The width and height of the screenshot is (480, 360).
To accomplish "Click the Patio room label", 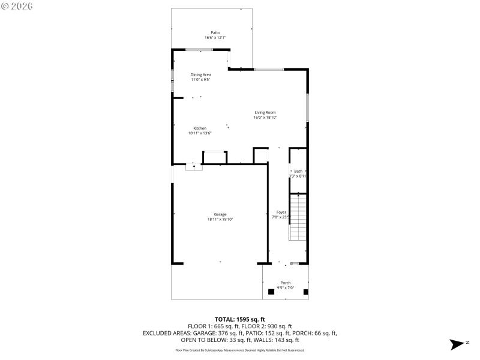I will [215, 32].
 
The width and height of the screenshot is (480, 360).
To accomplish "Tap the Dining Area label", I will [200, 74].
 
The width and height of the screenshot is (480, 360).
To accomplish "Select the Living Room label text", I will [265, 112].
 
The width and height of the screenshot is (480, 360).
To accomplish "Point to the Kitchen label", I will [200, 128].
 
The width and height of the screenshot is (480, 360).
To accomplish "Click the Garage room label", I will [220, 214].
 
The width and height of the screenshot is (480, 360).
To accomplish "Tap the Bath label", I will [298, 171].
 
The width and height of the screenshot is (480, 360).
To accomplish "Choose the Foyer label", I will [281, 212].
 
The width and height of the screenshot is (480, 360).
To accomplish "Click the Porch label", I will [286, 283].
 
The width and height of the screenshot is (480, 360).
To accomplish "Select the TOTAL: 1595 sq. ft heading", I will [240, 319].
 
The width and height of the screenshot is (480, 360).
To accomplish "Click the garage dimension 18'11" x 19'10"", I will [220, 220].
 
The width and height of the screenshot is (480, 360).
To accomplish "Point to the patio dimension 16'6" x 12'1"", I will [215, 38].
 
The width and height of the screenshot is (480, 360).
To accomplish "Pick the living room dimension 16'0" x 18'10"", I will [265, 118].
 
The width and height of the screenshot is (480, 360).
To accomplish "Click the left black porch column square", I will [271, 292].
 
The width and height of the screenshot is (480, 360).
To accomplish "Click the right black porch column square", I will [305, 292].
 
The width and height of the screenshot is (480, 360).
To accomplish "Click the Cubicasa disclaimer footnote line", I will [240, 350].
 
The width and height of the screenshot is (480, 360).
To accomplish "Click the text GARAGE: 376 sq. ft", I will [231, 333].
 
